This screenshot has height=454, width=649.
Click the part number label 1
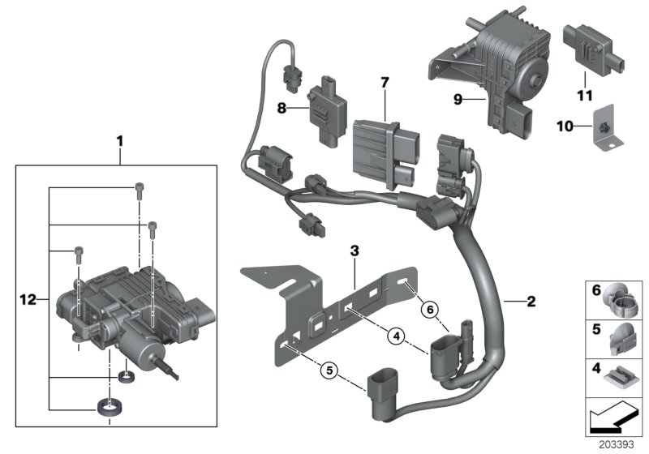tap(119, 141)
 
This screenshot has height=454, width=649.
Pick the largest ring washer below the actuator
tap(107, 408)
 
